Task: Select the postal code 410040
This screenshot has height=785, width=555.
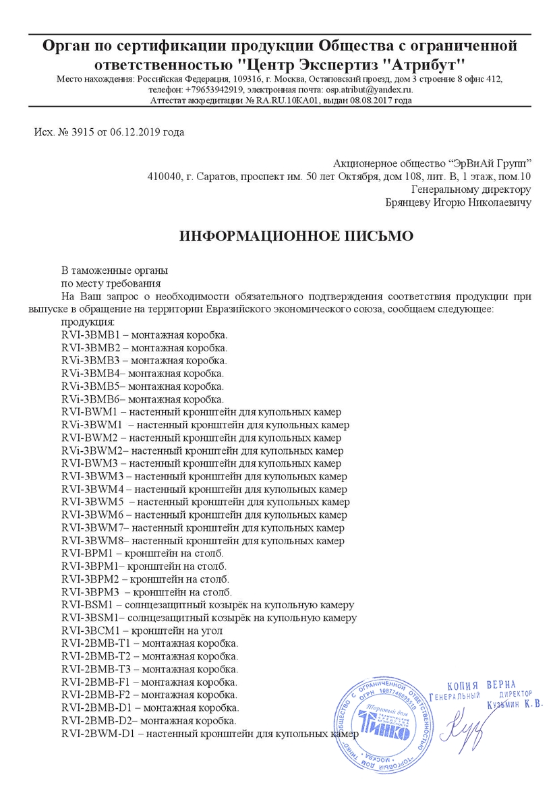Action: (165, 177)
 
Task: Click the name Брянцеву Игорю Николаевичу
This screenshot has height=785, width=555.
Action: (457, 202)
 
